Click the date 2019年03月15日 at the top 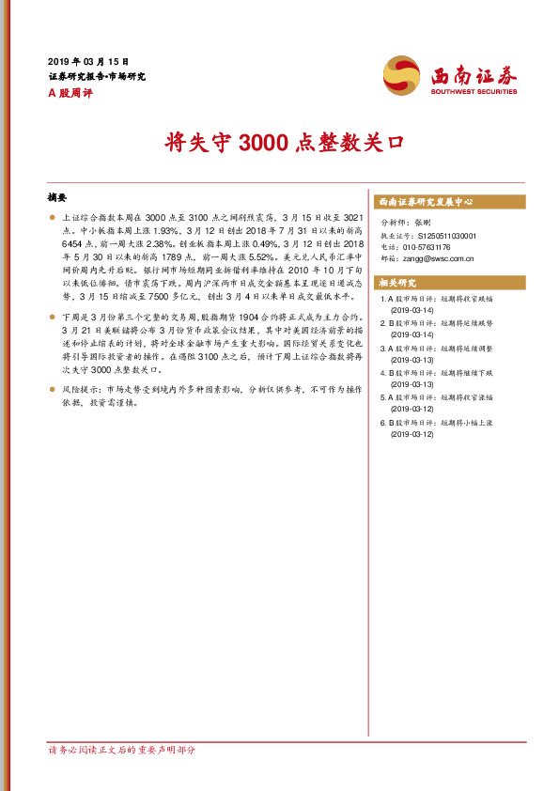point(88,60)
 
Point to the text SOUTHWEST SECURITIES point(474,92)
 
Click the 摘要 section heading point(57,198)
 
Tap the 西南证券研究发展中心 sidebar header point(425,202)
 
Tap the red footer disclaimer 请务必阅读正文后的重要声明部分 point(122,750)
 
